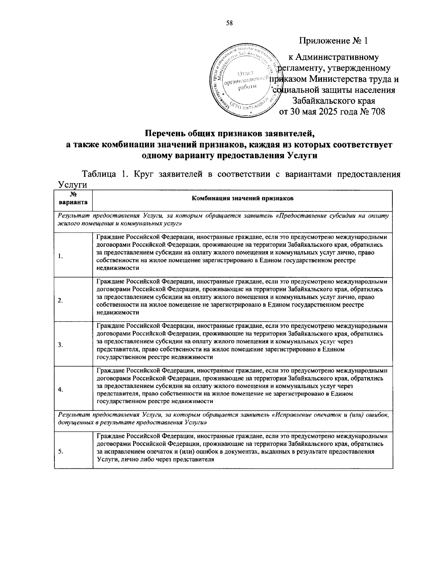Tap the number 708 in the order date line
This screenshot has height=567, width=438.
(378, 111)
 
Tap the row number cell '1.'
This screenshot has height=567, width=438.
(61, 256)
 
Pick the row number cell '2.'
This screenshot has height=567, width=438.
(61, 300)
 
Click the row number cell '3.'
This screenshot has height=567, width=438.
(61, 345)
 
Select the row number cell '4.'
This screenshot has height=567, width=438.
(61, 390)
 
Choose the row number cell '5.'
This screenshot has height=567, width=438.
(61, 451)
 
